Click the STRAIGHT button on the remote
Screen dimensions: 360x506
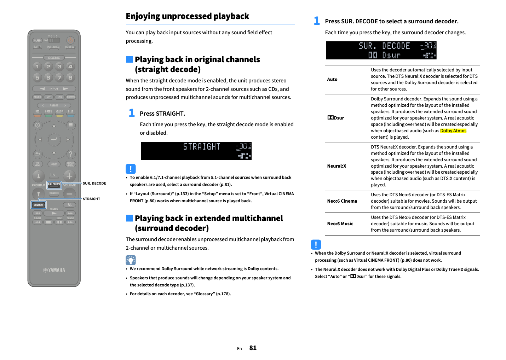(39, 205)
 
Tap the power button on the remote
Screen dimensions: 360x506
(70, 40)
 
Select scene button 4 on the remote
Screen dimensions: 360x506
(70, 66)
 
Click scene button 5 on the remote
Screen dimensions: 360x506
(37, 77)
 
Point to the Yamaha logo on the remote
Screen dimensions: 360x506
(54, 270)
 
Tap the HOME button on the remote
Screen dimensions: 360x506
(54, 164)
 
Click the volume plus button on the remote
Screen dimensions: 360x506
(69, 176)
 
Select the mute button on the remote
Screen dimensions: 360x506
(70, 205)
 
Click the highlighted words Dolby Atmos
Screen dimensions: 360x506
(453, 131)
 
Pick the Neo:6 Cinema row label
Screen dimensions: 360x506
(342, 201)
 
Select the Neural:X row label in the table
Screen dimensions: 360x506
(337, 166)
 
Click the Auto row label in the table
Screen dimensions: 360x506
(332, 80)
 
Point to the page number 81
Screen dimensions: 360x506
(253, 348)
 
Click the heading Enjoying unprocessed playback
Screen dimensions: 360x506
(188, 16)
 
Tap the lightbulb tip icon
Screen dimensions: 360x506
(131, 260)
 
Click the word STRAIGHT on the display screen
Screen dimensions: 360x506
(202, 146)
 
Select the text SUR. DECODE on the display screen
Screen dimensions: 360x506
(384, 46)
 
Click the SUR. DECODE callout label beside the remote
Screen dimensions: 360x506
(94, 183)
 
